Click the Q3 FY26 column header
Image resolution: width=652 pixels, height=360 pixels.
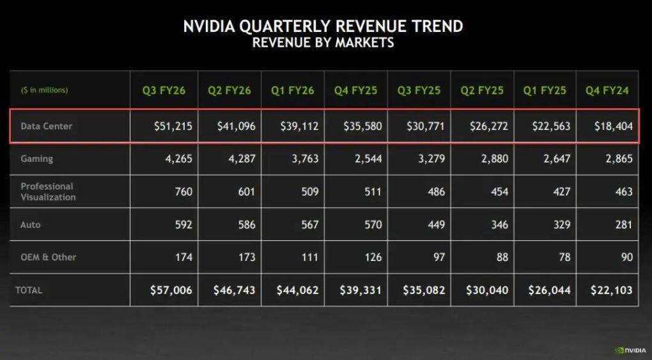[x=164, y=90]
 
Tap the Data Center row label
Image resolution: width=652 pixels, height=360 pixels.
[x=46, y=126]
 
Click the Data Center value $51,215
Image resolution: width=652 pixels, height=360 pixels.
[x=173, y=126]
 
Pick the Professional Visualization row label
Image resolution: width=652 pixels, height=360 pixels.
[x=48, y=192]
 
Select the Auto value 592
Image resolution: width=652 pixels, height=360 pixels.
[x=182, y=224]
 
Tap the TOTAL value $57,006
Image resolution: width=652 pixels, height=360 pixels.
[x=171, y=290]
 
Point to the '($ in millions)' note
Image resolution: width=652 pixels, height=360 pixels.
[x=44, y=90]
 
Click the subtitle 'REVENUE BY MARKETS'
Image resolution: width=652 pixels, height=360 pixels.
[x=323, y=43]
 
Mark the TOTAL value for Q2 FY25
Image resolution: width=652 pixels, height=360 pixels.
[x=487, y=290]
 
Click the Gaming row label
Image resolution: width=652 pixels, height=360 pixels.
[x=36, y=159]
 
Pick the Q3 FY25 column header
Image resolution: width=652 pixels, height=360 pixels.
[x=419, y=90]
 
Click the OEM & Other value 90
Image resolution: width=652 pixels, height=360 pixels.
[x=626, y=257]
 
